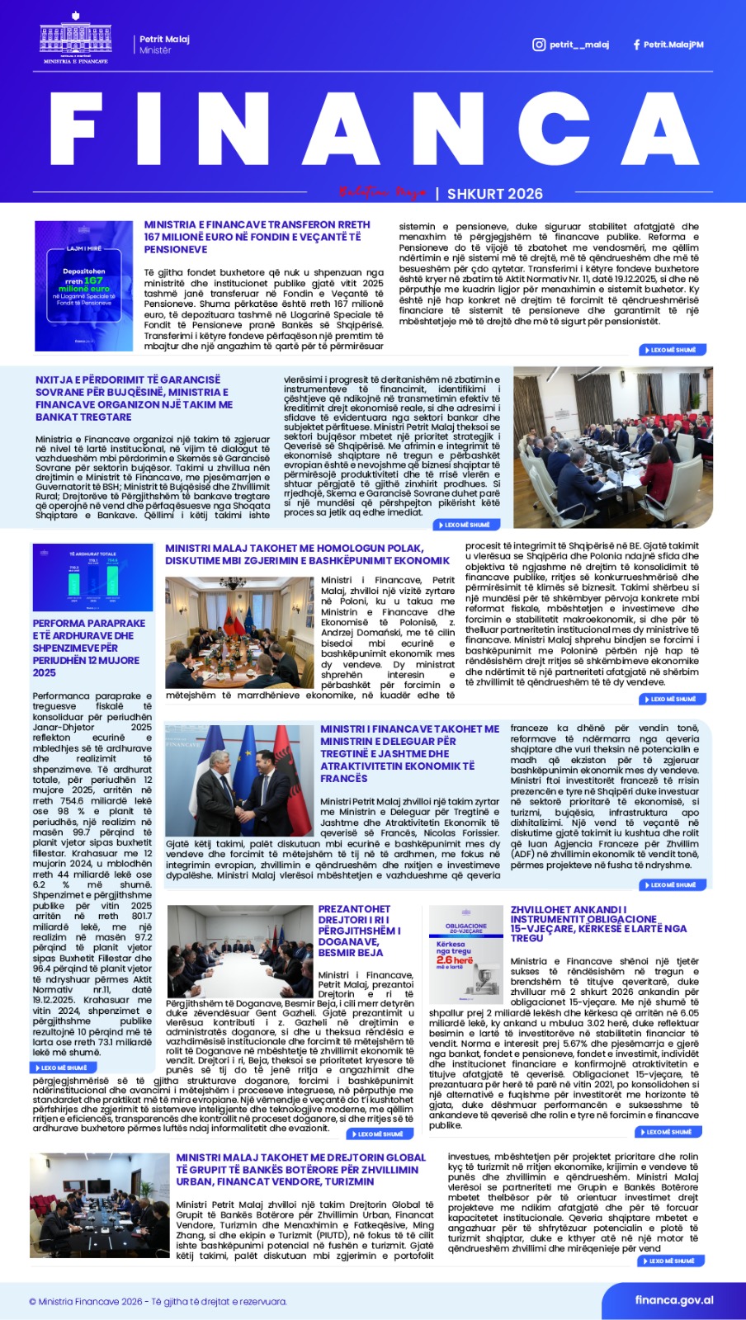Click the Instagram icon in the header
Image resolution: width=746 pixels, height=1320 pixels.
coord(539,45)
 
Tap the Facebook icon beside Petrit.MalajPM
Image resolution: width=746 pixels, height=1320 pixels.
coord(636,45)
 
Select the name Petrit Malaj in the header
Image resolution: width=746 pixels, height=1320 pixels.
coord(164,39)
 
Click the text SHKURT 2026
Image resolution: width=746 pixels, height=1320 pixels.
coord(495,194)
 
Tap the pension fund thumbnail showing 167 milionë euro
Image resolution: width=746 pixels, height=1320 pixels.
coord(84,285)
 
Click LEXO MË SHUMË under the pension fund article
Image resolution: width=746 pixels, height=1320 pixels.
coord(673,350)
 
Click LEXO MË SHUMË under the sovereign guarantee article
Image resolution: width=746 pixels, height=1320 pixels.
coord(467,525)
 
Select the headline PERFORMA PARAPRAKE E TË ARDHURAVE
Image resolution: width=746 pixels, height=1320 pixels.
coord(89,648)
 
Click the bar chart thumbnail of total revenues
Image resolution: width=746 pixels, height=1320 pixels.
coord(92,577)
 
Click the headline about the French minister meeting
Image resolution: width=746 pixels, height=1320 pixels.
coord(409,753)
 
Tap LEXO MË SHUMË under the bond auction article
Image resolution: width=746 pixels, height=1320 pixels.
coord(669,1132)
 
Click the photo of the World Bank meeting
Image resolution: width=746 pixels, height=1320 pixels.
coord(99,1205)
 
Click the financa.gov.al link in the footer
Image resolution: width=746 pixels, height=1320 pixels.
coord(674,1300)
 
